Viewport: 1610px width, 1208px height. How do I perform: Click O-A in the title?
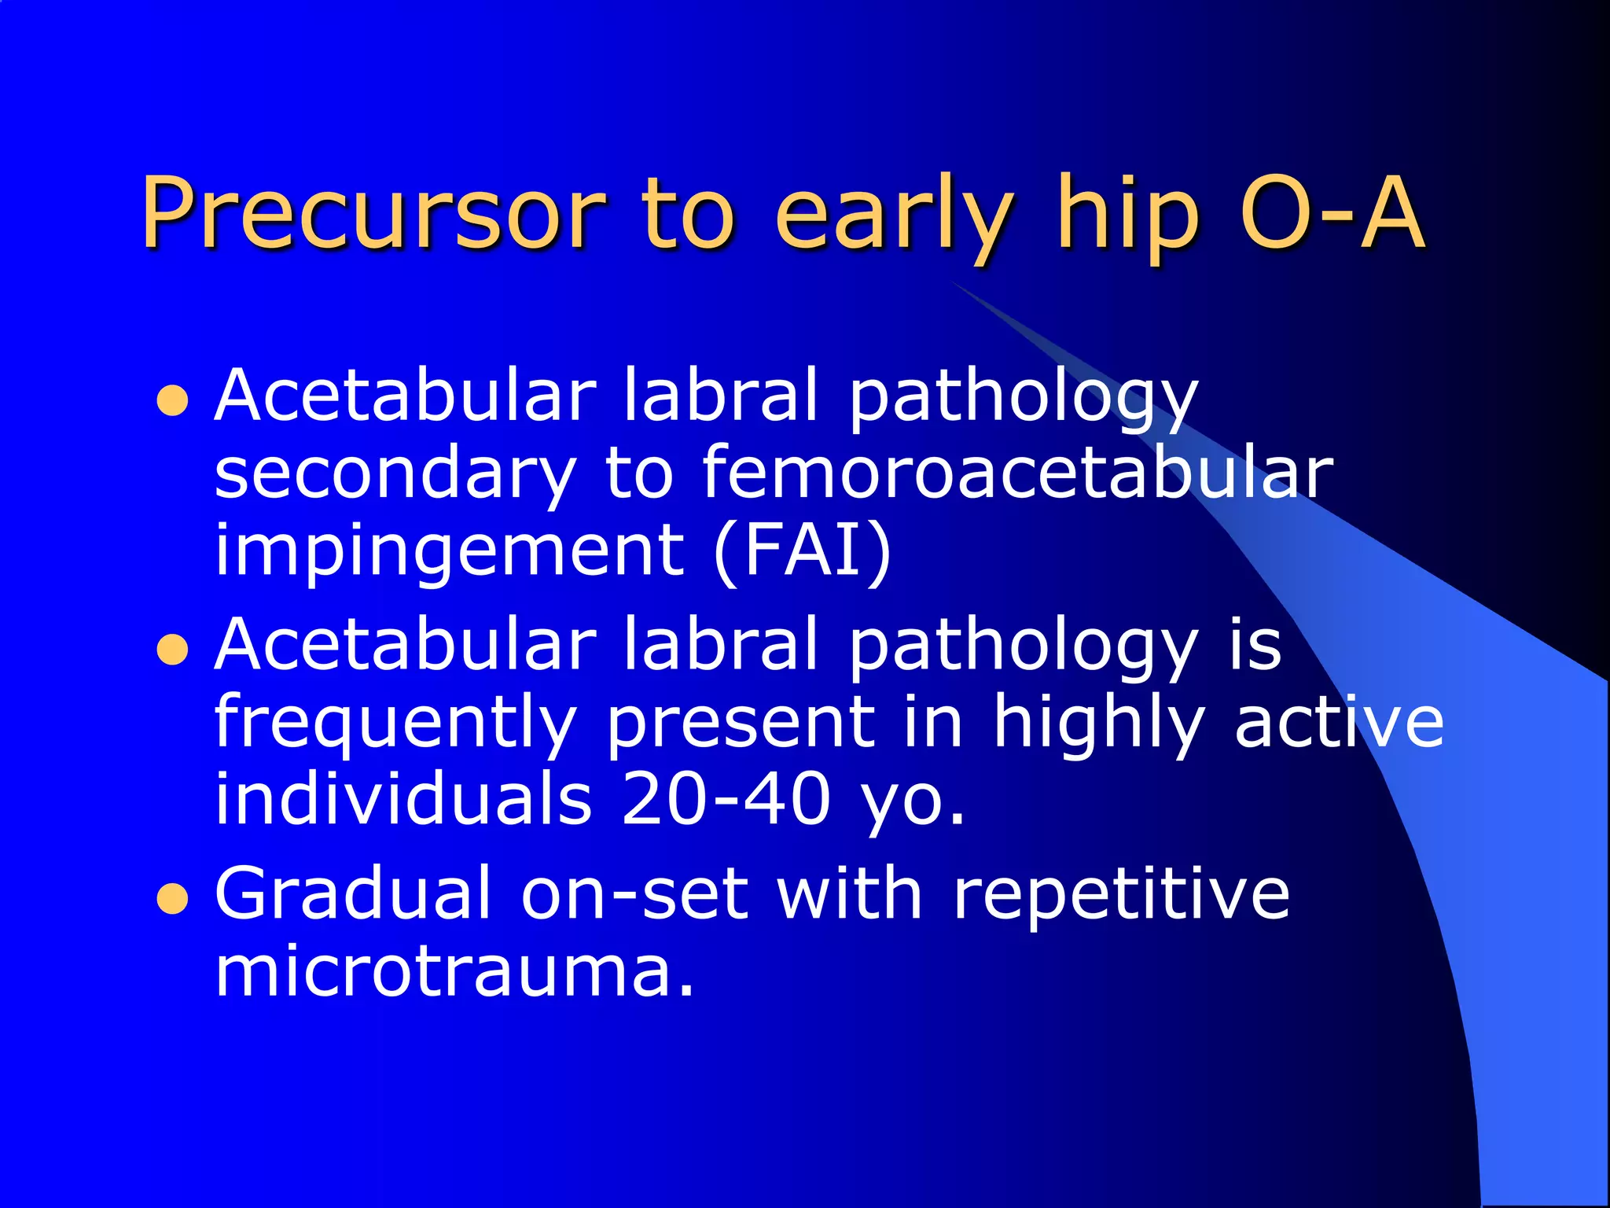point(1332,212)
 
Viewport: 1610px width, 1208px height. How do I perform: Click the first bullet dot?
point(172,400)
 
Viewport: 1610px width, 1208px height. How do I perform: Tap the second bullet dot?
point(172,650)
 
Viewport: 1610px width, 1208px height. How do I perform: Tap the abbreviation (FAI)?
point(803,551)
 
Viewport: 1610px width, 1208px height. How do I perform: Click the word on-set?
point(634,895)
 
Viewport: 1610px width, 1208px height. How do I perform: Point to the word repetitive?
point(1120,895)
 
